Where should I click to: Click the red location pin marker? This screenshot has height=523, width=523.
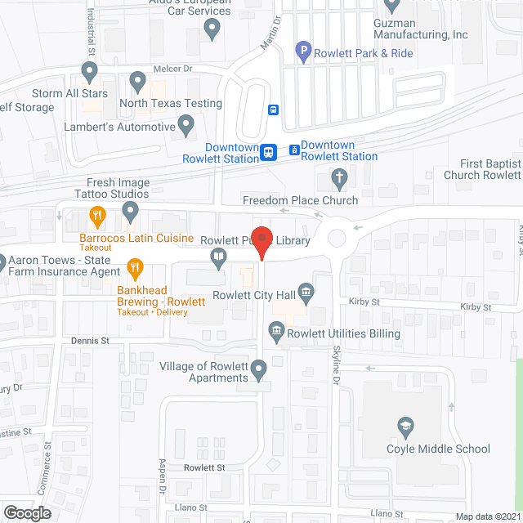tap(261, 240)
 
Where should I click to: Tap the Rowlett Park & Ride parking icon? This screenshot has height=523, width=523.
tap(302, 53)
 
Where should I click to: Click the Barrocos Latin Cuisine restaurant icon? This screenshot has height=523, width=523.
tap(98, 217)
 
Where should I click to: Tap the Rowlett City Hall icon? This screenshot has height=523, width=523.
tap(306, 292)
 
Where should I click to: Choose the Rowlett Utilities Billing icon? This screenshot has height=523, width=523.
tap(275, 331)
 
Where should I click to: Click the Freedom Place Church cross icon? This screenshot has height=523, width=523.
tap(340, 177)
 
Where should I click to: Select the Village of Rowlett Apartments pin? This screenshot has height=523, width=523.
tap(260, 372)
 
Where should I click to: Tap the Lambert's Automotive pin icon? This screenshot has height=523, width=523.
tap(186, 127)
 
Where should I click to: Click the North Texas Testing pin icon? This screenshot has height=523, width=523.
tap(136, 82)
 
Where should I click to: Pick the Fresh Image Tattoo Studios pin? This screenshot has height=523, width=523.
tap(130, 213)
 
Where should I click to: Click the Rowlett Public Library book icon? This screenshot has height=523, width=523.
tap(219, 259)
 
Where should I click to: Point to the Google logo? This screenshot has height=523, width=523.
tap(27, 512)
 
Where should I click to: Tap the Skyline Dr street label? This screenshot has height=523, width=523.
tap(335, 364)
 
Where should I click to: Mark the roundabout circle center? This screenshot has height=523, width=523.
tap(337, 239)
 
